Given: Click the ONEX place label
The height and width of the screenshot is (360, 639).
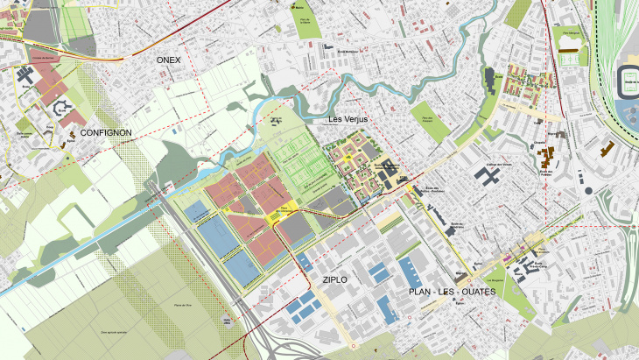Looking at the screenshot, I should (167, 60).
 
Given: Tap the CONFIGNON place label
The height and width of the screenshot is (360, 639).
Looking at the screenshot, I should (105, 133).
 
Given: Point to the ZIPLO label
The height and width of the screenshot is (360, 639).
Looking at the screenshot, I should (334, 279).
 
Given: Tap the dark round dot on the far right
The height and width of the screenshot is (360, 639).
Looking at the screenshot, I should (588, 190).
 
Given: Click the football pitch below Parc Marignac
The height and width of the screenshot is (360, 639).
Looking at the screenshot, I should (571, 59).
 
